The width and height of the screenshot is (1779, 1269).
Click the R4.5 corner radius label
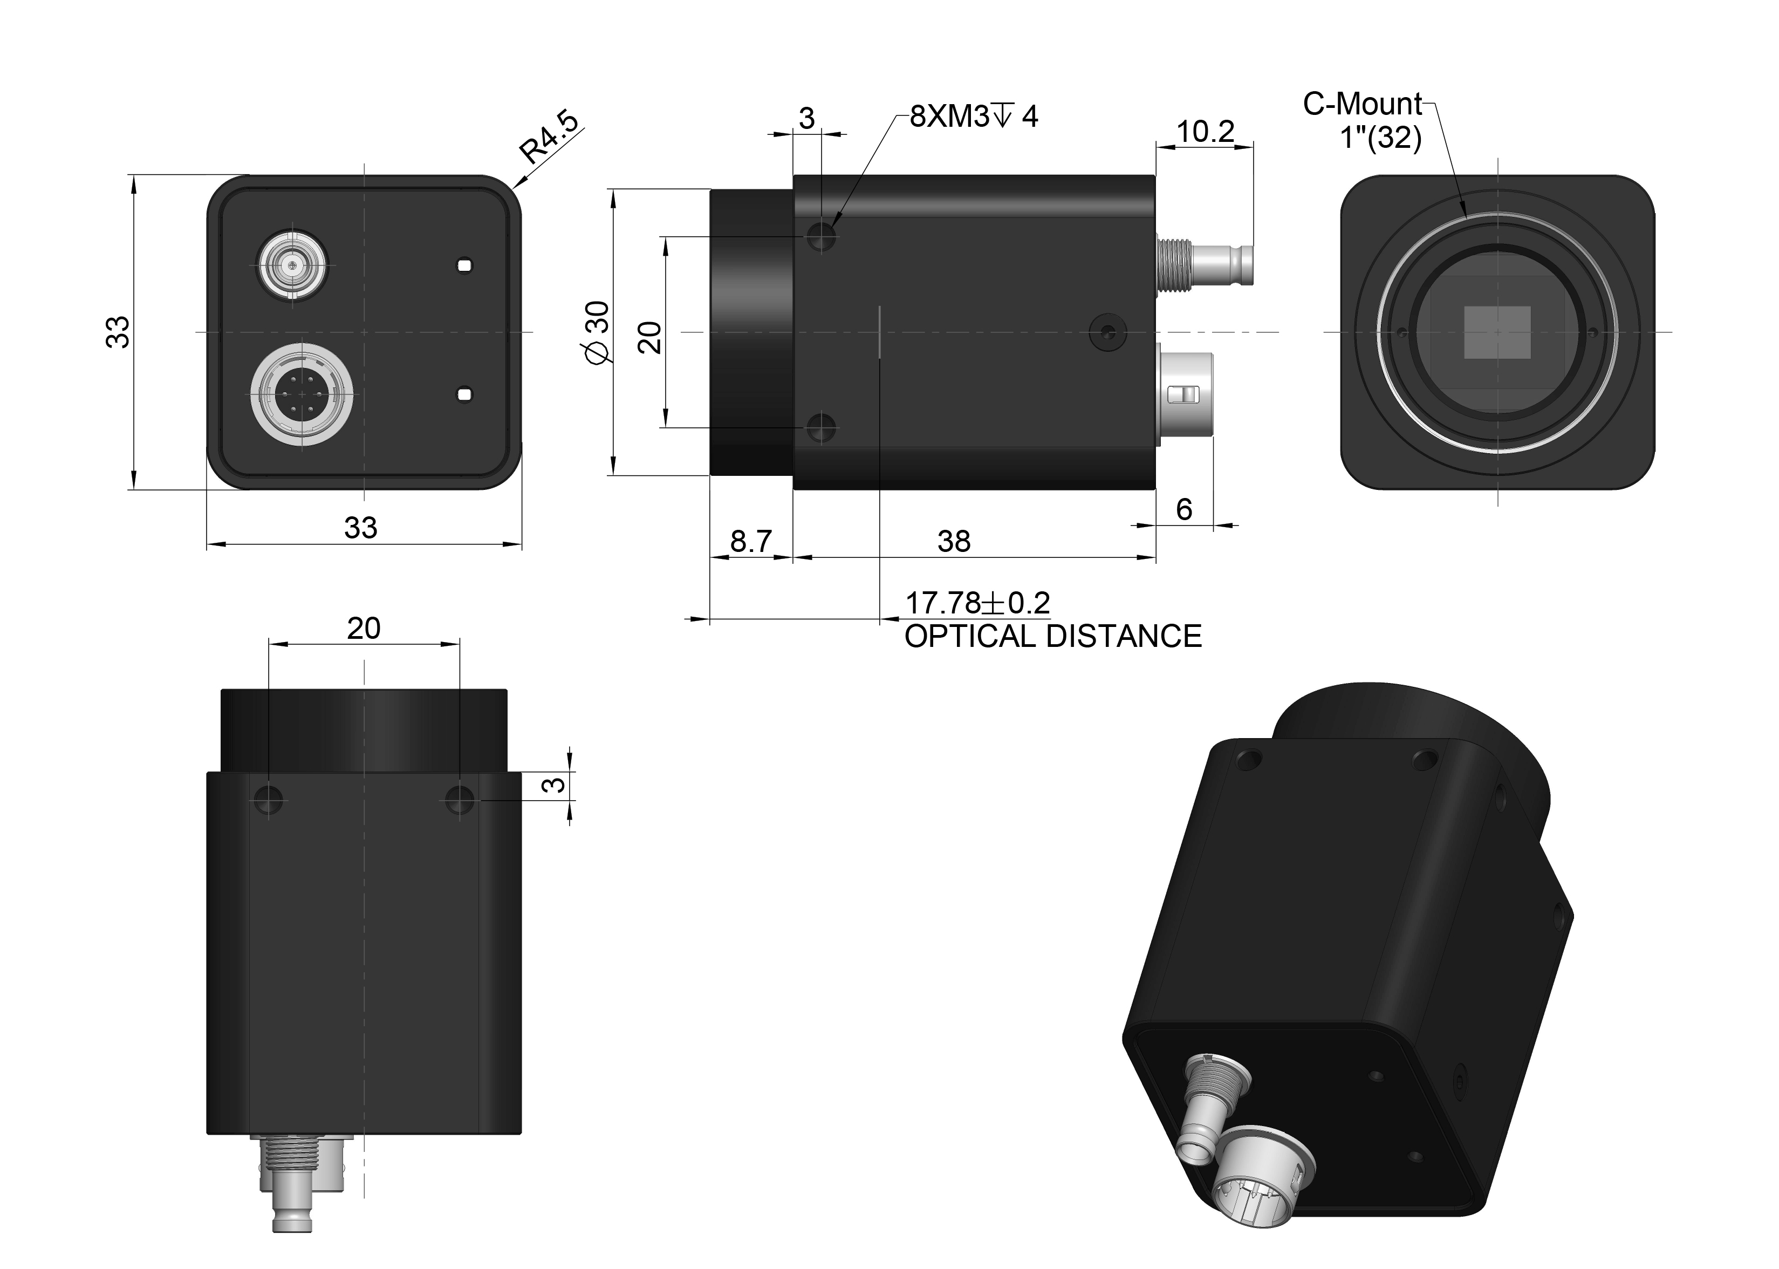tap(550, 138)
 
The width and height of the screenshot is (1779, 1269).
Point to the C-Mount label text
tap(1363, 104)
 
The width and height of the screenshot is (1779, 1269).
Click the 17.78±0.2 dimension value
tap(976, 603)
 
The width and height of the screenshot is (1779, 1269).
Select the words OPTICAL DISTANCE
tap(1052, 637)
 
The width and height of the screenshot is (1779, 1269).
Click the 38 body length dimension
tap(953, 541)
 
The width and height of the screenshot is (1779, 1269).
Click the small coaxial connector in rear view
tap(292, 265)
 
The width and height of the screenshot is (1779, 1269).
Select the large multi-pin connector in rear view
tap(301, 394)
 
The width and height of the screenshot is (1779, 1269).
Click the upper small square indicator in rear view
tap(465, 265)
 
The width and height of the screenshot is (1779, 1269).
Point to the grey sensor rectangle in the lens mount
tap(1496, 332)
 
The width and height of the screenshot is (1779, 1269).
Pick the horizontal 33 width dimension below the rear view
tap(360, 528)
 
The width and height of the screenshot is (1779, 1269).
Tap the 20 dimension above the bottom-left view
tap(364, 628)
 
